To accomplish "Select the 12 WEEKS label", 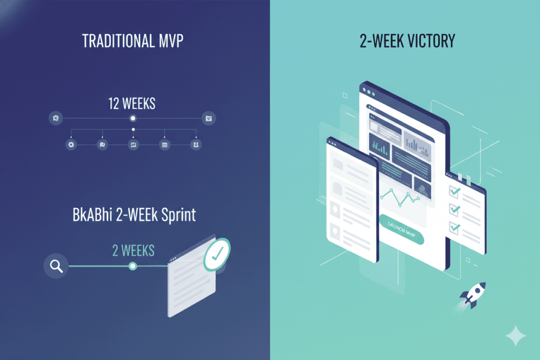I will pyautogui.click(x=132, y=104).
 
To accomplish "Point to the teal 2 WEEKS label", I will pyautogui.click(x=133, y=250).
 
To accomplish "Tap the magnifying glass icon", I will pyautogui.click(x=56, y=266).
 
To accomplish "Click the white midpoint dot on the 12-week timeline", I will pyautogui.click(x=133, y=119).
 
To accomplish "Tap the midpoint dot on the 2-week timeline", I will pyautogui.click(x=133, y=266).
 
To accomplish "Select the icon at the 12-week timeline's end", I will pyautogui.click(x=209, y=119).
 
